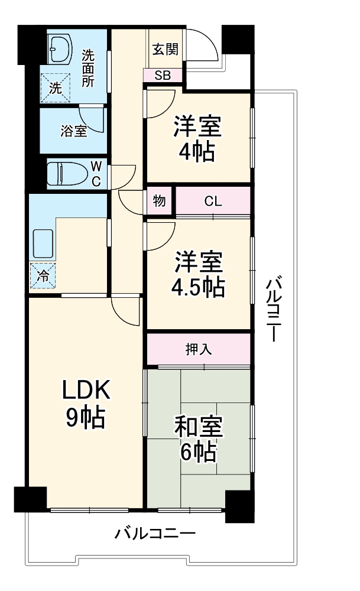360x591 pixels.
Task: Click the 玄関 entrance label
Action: click(165, 50)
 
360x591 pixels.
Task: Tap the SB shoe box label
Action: click(164, 75)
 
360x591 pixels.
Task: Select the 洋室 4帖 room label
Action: click(197, 139)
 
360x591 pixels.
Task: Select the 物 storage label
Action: click(160, 201)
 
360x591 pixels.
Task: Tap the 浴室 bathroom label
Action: click(73, 131)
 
